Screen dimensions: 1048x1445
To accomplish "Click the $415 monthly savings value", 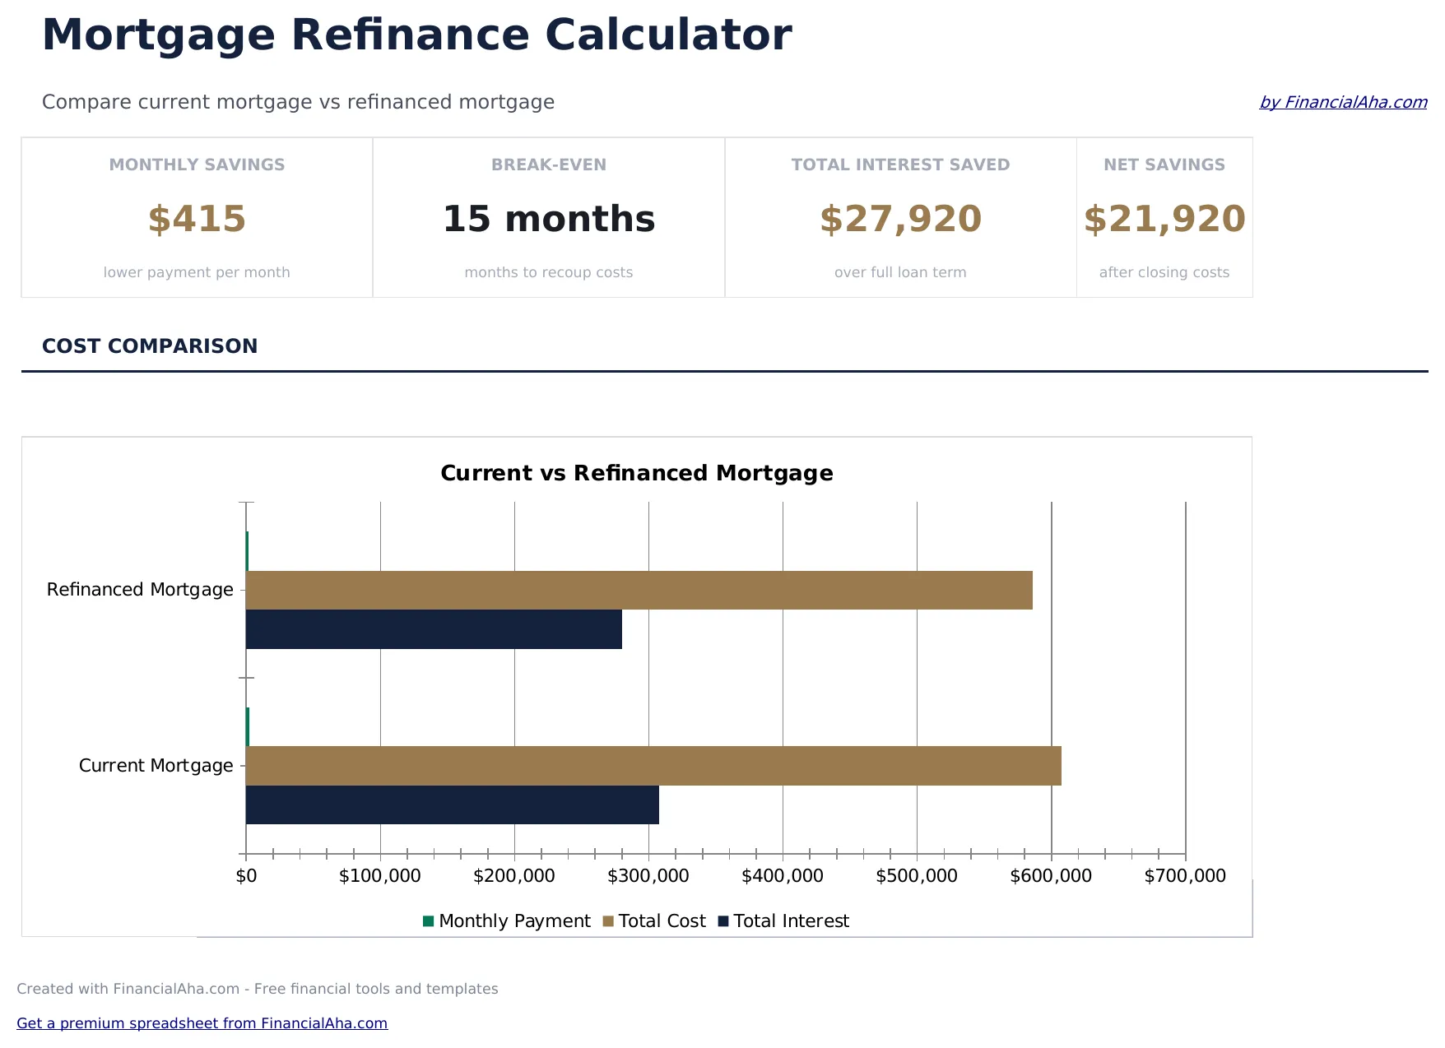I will click(197, 219).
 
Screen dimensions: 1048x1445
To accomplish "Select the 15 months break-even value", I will click(549, 219).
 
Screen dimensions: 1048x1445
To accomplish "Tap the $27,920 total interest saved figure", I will click(900, 219).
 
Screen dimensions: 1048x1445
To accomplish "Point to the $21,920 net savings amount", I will click(1164, 219).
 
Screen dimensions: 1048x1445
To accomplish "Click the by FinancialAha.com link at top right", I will click(1343, 102).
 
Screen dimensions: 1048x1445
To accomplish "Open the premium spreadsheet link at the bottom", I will click(202, 1023).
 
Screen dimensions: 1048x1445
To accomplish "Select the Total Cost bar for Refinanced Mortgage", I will click(639, 590).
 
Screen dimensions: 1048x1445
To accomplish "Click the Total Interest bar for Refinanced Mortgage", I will click(434, 629).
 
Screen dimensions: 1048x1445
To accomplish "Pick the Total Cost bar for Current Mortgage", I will click(653, 766).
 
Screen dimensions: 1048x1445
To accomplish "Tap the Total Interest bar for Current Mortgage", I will click(452, 805).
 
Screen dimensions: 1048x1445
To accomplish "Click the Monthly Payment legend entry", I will click(506, 921).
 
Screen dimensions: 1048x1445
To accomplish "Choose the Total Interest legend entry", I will click(783, 921).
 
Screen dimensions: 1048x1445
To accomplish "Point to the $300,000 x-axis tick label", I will click(648, 876).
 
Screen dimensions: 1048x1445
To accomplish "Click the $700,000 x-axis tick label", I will click(1185, 876).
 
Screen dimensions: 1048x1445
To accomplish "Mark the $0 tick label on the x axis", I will click(246, 876).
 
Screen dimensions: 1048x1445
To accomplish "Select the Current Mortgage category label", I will click(156, 766).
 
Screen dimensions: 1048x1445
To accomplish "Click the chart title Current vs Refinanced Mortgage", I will click(637, 473).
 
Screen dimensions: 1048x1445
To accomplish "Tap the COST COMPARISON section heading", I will click(150, 346).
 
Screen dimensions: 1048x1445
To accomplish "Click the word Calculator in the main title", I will click(667, 35).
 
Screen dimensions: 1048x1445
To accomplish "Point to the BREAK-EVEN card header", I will click(549, 165).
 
